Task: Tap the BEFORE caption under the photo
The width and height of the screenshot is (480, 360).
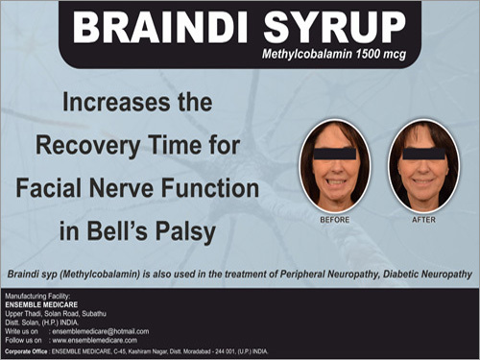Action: coord(335,220)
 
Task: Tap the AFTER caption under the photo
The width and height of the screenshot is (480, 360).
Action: coord(423,220)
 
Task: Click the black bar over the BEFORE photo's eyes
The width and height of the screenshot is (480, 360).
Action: coord(334,152)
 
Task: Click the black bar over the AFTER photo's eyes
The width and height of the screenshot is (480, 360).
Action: coord(423,152)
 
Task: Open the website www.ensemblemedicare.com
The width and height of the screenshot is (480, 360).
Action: coord(95,340)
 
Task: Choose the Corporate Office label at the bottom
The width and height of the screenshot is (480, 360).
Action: coord(30,351)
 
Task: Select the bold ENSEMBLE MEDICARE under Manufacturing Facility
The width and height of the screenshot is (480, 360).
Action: coord(38,304)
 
